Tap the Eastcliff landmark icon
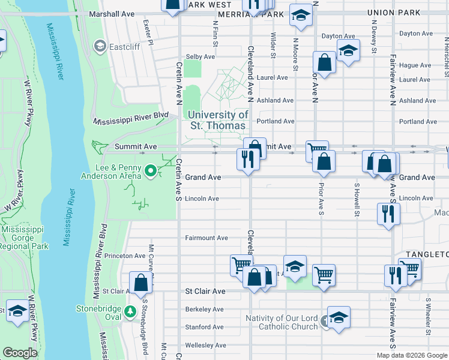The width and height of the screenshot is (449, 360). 100,46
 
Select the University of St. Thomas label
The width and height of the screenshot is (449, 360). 217,120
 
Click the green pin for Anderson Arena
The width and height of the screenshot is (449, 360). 151,173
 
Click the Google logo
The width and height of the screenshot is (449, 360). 20,352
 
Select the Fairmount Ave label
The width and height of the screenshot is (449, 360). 206,238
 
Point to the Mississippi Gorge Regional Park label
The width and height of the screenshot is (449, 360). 25,238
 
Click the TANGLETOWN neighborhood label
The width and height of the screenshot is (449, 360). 427,254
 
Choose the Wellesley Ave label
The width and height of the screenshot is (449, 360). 205,345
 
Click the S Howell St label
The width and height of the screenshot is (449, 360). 357,200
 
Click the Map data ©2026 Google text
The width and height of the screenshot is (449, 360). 411,355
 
